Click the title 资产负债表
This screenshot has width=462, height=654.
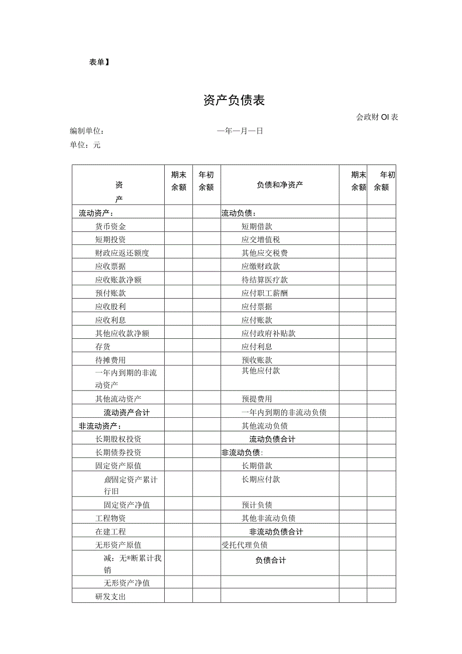pos(234,101)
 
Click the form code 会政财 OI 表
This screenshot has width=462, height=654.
pos(377,118)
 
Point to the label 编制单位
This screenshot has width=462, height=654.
pos(87,131)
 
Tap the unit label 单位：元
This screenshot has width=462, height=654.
pos(85,145)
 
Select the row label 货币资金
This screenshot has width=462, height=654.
pos(110,227)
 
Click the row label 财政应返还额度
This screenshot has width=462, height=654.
pos(122,253)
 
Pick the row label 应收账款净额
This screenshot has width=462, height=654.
pos(122,280)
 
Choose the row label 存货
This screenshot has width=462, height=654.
pos(103,347)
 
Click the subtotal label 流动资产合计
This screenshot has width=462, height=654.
pos(127,413)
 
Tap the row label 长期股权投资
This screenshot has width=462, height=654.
pos(118,439)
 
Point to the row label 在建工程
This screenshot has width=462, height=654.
pos(110,532)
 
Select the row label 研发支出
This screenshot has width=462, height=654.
pos(110,597)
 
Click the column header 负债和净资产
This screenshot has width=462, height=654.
pos(280,185)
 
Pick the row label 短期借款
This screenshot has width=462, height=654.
pos(257,227)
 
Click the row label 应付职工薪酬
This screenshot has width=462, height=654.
pos(264,293)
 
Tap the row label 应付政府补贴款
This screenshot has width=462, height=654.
pos(268,333)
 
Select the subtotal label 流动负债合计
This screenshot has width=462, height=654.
pos(272,439)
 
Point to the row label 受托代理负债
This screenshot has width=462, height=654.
pos(245,545)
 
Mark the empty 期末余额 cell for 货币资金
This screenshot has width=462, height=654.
pos(178,227)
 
